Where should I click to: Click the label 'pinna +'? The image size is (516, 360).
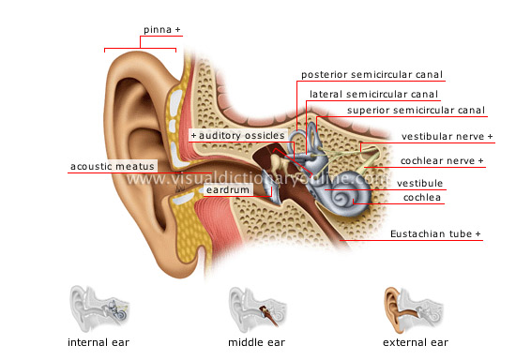tap(160, 30)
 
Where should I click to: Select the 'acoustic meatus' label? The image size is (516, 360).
tap(113, 167)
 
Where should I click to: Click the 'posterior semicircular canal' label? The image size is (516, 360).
tap(372, 74)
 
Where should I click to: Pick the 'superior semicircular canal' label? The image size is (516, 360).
tap(416, 110)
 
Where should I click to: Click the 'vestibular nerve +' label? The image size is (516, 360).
tap(447, 136)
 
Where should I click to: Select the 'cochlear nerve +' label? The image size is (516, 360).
tap(441, 161)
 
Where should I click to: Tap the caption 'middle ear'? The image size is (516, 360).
tap(254, 342)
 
